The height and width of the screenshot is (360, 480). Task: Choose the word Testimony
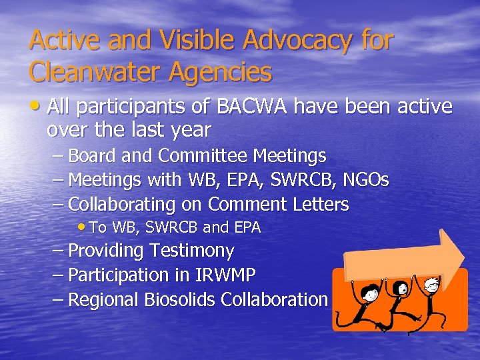coord(193,251)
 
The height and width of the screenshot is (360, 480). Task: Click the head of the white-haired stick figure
coord(432,284)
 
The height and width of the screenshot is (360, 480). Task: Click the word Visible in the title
coord(198,41)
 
